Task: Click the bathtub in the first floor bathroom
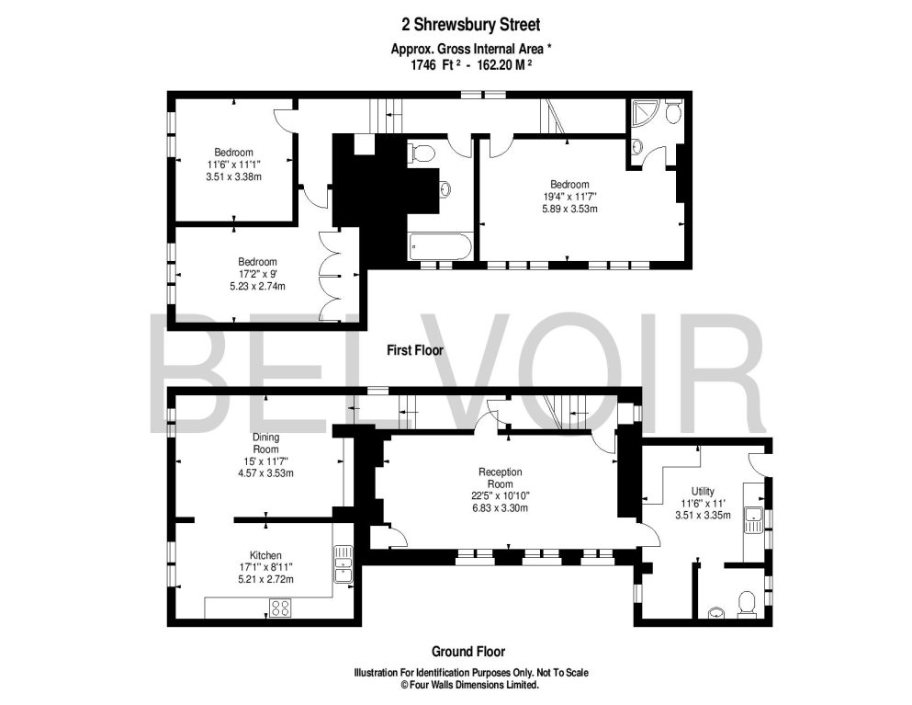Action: pos(440,246)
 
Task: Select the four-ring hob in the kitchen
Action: pos(281,607)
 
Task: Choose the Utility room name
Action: pos(704,492)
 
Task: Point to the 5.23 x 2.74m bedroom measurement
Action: pos(257,286)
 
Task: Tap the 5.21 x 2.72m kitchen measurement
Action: pos(265,580)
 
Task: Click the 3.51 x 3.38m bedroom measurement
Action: pos(234,176)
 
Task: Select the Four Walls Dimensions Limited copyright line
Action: pos(468,685)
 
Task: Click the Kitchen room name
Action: pos(265,555)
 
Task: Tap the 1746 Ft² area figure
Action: pos(423,65)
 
